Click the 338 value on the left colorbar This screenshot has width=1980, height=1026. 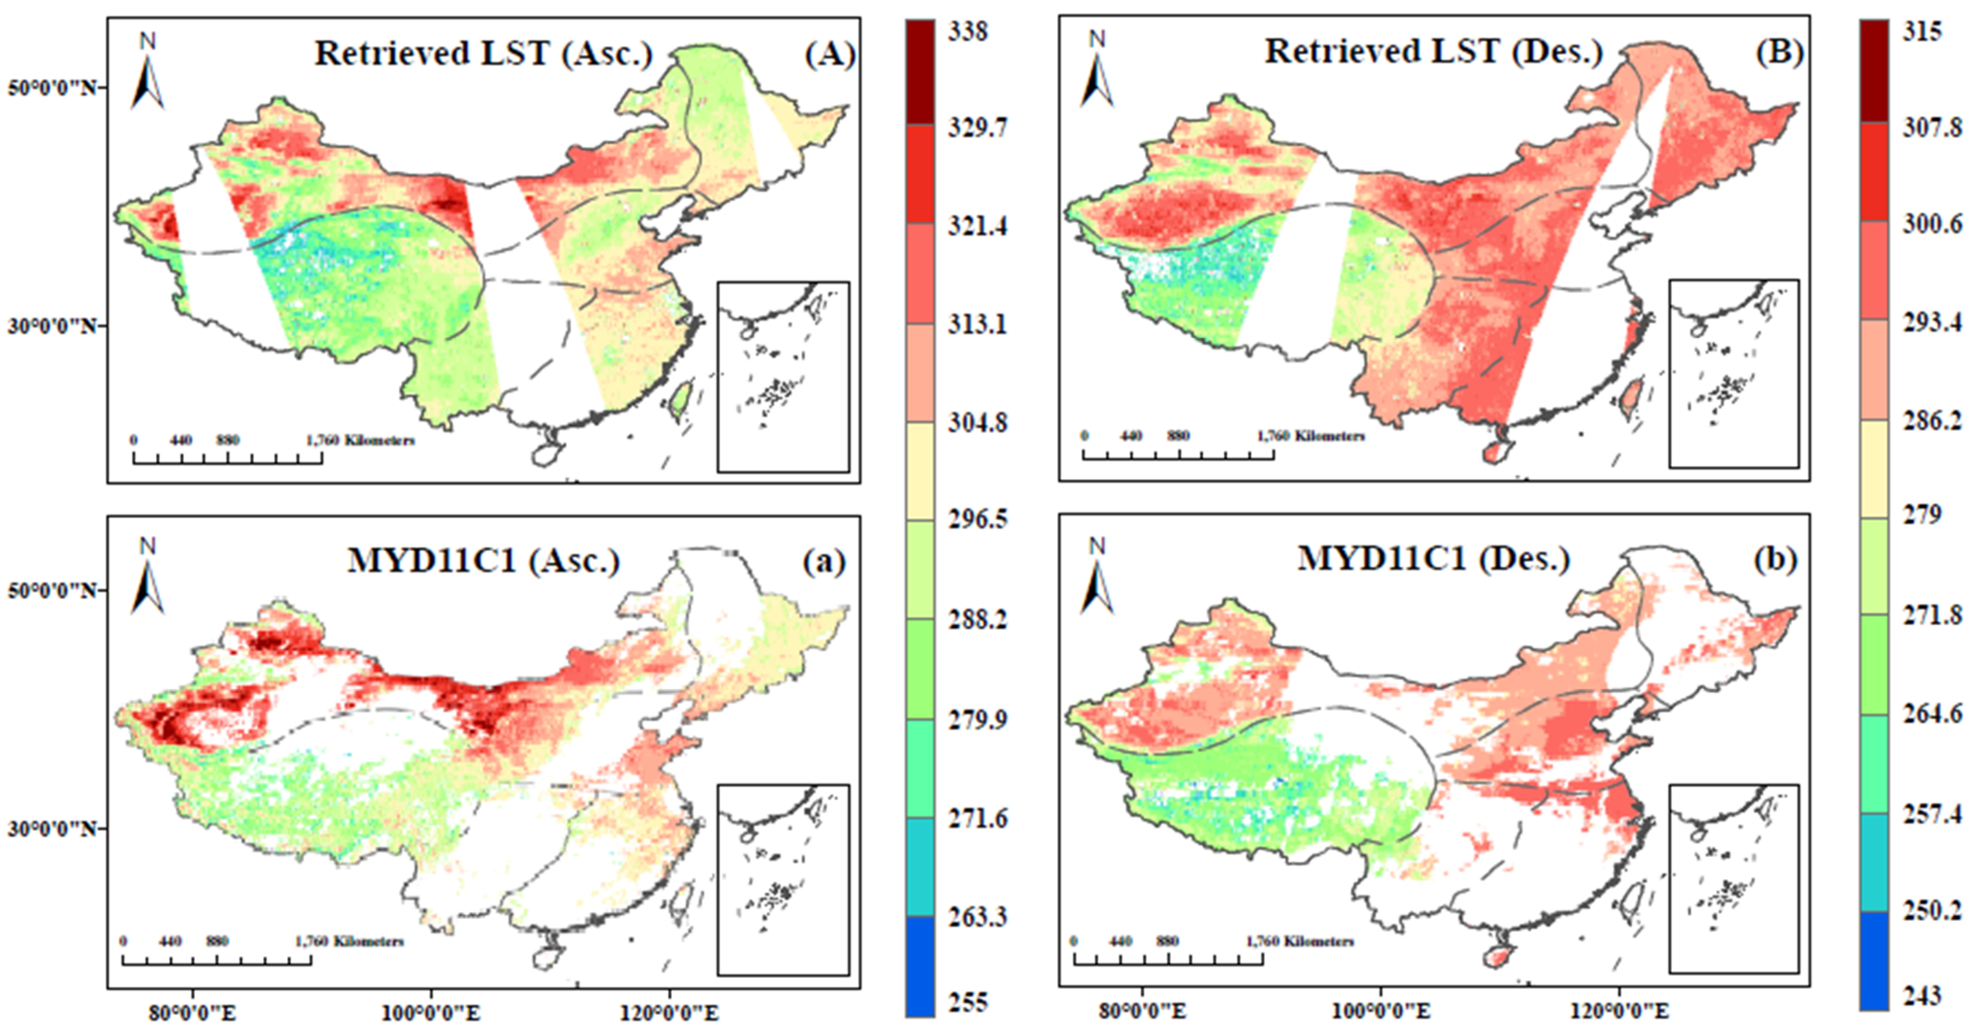click(968, 32)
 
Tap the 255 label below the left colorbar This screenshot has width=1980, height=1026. click(968, 1002)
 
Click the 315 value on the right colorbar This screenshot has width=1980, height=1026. click(1921, 32)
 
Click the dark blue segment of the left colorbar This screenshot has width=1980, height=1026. click(920, 966)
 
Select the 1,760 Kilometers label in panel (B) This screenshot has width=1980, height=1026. click(1311, 436)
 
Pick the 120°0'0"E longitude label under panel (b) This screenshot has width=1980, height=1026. click(1619, 1010)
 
